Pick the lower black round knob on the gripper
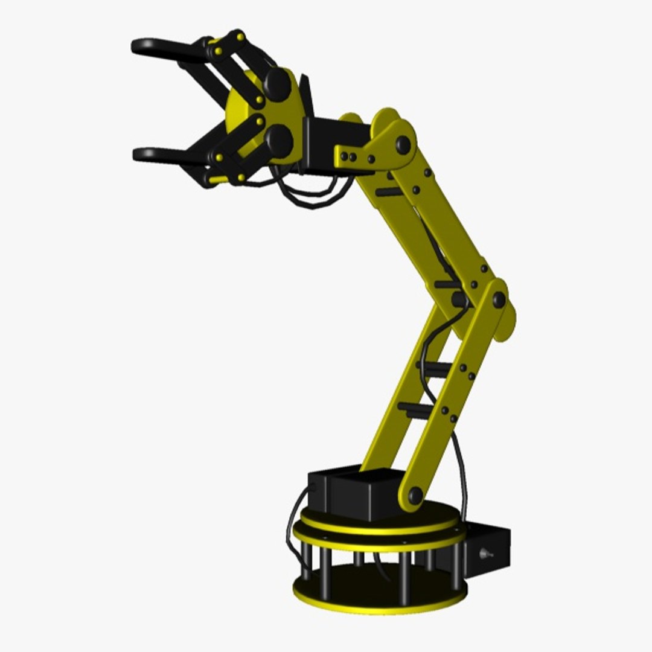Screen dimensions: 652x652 coord(279,140)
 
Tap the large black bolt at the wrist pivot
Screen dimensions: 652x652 coord(402,144)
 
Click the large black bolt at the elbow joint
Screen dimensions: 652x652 coord(499,299)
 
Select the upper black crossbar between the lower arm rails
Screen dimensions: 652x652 coord(433,366)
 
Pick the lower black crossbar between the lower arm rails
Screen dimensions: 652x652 coord(417,409)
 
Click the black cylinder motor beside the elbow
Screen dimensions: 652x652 coord(459,298)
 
